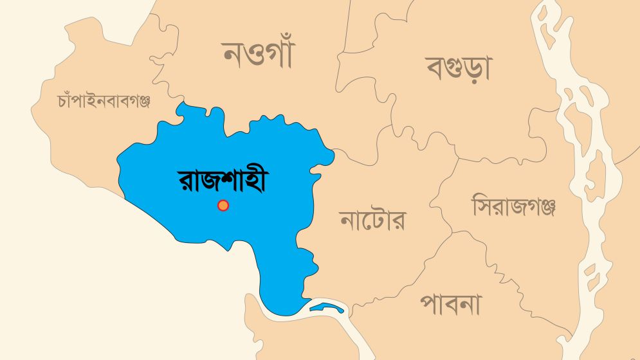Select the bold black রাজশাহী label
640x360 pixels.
(x=222, y=182)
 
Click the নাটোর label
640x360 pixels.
(x=372, y=221)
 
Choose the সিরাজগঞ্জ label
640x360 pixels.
(x=513, y=206)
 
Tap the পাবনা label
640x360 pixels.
(x=450, y=304)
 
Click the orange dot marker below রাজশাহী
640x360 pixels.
(x=223, y=206)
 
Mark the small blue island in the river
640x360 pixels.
(x=325, y=307)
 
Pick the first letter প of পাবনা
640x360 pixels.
(x=430, y=305)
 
